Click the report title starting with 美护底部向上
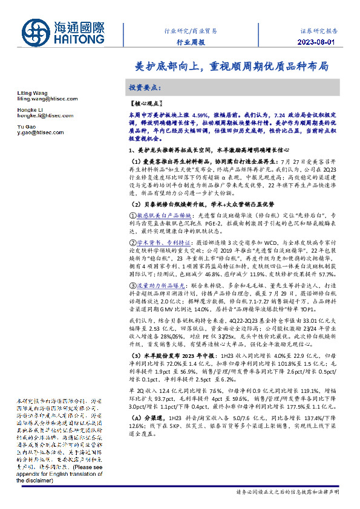pos(231,65)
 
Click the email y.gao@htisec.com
pos(40,132)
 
